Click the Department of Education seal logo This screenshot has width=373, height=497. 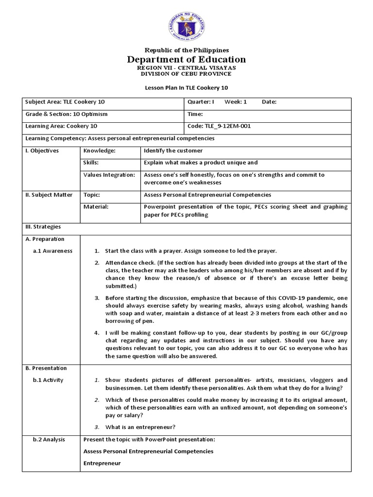(x=186, y=24)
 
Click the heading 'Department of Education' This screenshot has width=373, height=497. (x=186, y=60)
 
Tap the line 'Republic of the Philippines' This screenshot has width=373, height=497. (x=186, y=50)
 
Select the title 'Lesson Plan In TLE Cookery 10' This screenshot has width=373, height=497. (x=186, y=88)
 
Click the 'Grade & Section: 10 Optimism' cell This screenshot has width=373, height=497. (x=67, y=114)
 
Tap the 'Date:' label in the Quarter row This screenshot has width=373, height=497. (x=269, y=102)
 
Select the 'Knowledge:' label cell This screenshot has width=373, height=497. (x=100, y=151)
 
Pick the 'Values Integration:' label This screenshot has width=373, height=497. (x=109, y=175)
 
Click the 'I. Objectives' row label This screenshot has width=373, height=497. (x=42, y=151)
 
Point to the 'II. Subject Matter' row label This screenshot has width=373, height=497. (x=49, y=195)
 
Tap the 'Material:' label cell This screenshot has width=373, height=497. (x=96, y=207)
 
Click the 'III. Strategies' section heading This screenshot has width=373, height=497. (x=43, y=227)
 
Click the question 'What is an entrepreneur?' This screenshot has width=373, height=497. (x=140, y=427)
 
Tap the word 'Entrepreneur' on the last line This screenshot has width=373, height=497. (x=102, y=464)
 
